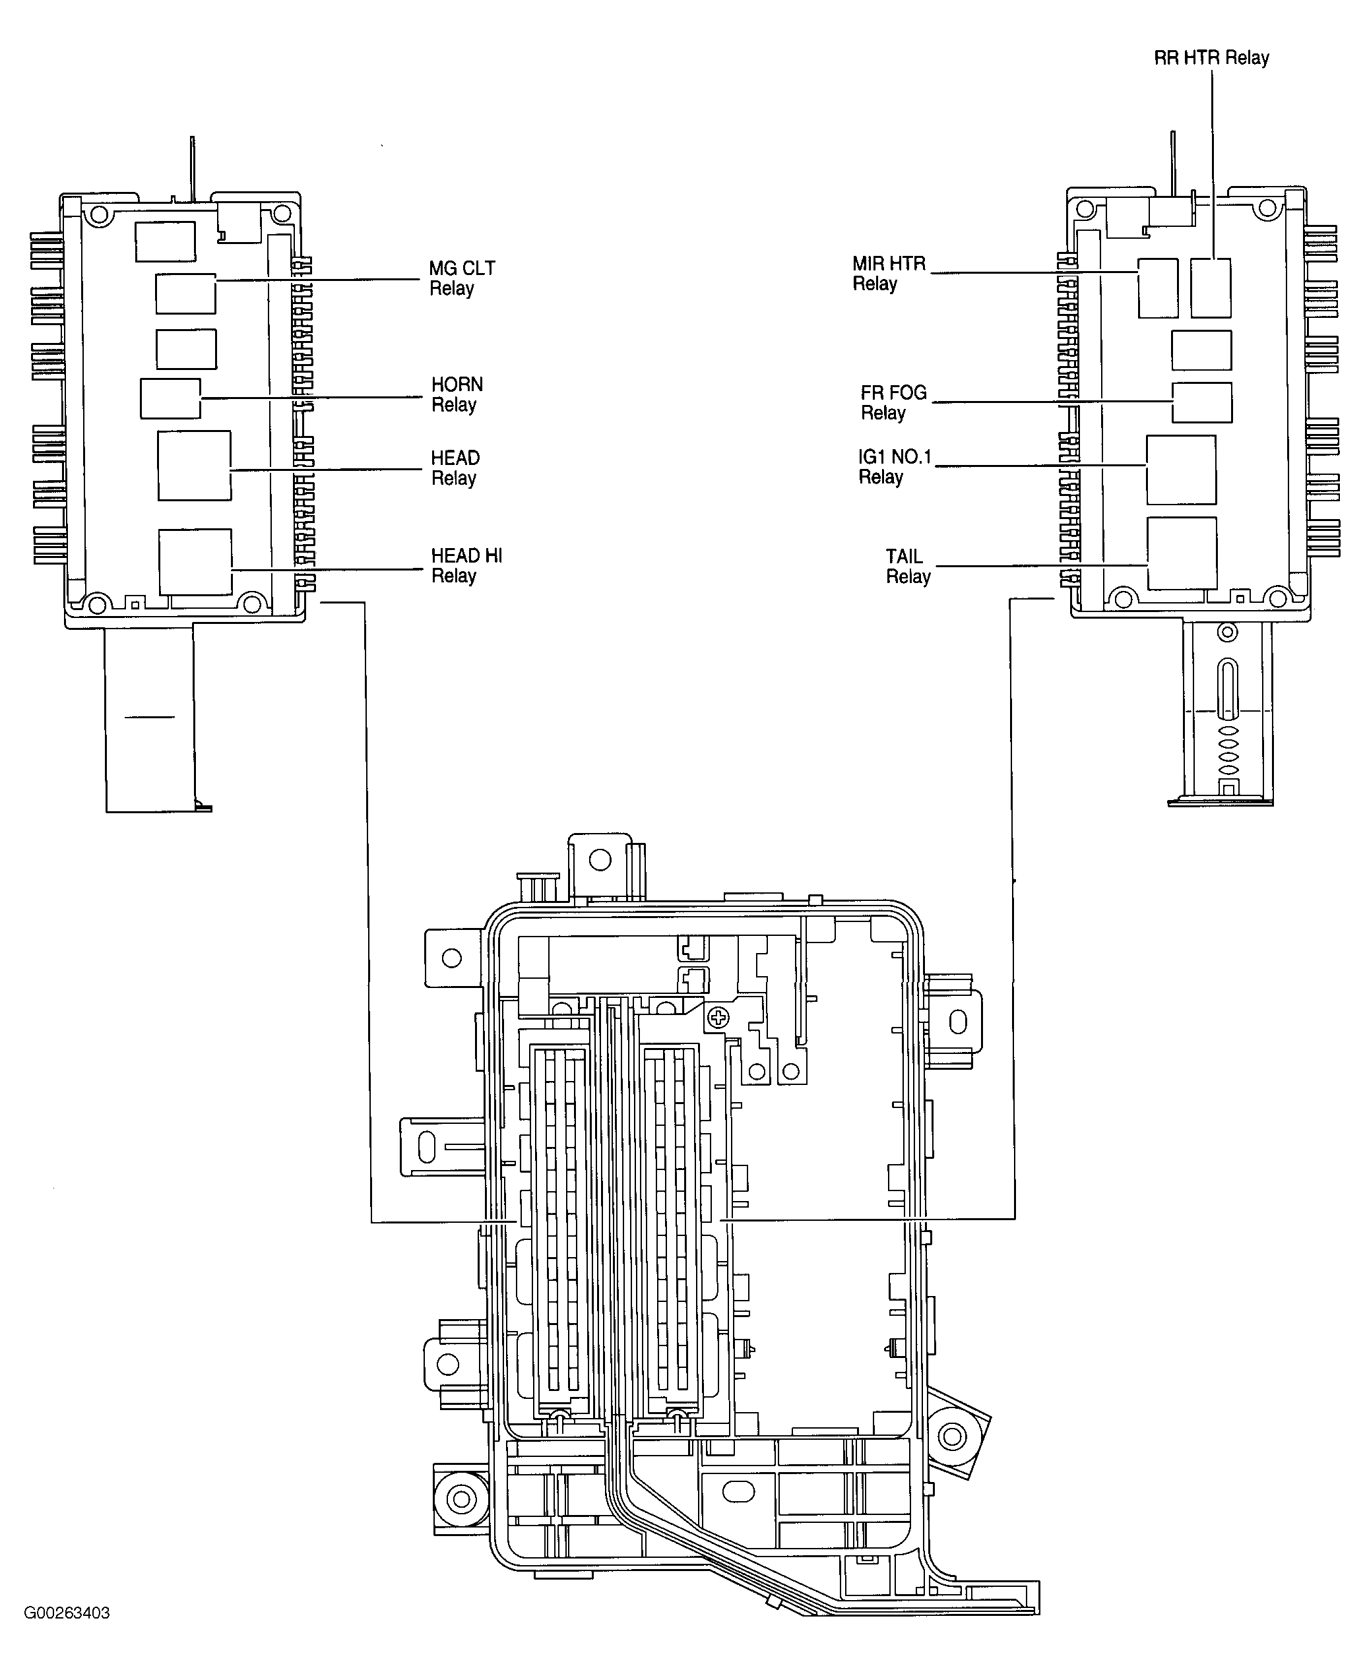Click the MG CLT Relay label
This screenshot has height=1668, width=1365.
click(462, 278)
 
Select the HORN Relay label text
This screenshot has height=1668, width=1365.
click(457, 394)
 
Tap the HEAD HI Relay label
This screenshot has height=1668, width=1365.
click(466, 566)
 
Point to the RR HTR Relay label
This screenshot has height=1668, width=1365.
click(1211, 58)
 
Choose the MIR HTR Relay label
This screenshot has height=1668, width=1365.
click(889, 274)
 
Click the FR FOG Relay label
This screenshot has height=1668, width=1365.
click(893, 402)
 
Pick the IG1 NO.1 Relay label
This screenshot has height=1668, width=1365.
click(894, 467)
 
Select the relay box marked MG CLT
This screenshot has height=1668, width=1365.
click(185, 294)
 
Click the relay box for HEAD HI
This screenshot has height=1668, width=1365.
click(195, 562)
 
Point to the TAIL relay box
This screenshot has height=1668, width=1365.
click(1182, 553)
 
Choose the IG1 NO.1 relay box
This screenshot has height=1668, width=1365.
click(1181, 470)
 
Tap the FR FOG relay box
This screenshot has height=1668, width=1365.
click(1201, 402)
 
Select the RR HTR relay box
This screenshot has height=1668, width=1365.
click(1210, 288)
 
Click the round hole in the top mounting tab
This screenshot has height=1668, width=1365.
click(600, 860)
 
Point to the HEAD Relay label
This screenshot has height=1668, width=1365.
click(455, 468)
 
